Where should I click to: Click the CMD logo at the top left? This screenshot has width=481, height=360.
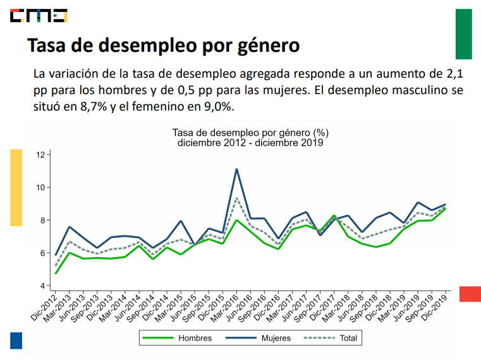pyautogui.click(x=39, y=15)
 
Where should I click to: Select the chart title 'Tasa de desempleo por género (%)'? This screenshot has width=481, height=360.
pyautogui.click(x=250, y=133)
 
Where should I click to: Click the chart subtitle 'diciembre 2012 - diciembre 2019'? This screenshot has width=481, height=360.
pyautogui.click(x=250, y=143)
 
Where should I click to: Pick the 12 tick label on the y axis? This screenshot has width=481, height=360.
pyautogui.click(x=41, y=155)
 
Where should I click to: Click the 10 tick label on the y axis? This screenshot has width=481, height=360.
pyautogui.click(x=41, y=188)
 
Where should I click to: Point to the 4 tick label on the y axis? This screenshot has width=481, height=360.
pyautogui.click(x=43, y=286)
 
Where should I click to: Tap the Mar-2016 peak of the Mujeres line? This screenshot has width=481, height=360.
pyautogui.click(x=236, y=169)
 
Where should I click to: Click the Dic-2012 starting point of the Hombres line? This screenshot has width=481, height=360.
pyautogui.click(x=56, y=273)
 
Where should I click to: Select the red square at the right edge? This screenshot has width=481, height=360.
pyautogui.click(x=470, y=294)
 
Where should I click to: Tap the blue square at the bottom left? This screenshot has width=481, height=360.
pyautogui.click(x=16, y=340)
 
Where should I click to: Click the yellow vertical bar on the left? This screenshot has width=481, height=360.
pyautogui.click(x=16, y=187)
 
